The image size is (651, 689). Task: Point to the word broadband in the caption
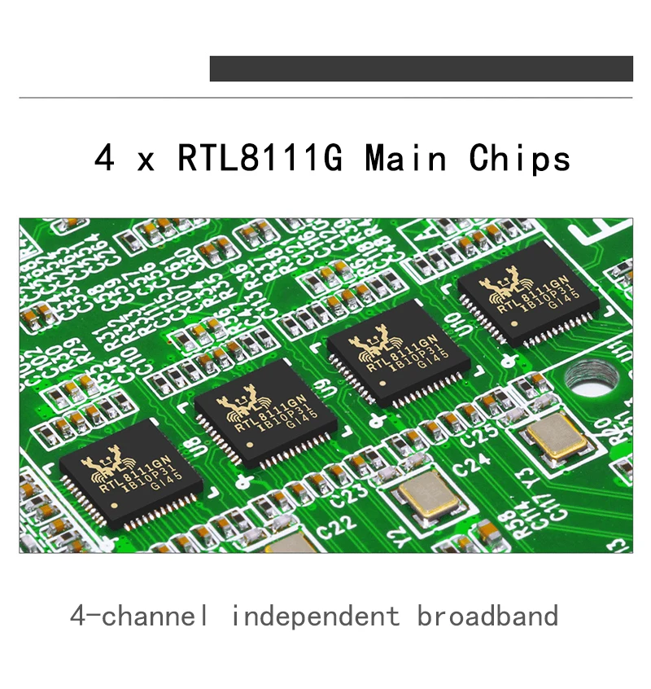coord(487,616)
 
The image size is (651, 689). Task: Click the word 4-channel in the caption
coord(138,616)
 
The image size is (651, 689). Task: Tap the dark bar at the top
coord(421,68)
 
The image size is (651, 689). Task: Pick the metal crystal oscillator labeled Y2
coord(429,497)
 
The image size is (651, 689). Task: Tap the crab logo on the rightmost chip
coord(500,289)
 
